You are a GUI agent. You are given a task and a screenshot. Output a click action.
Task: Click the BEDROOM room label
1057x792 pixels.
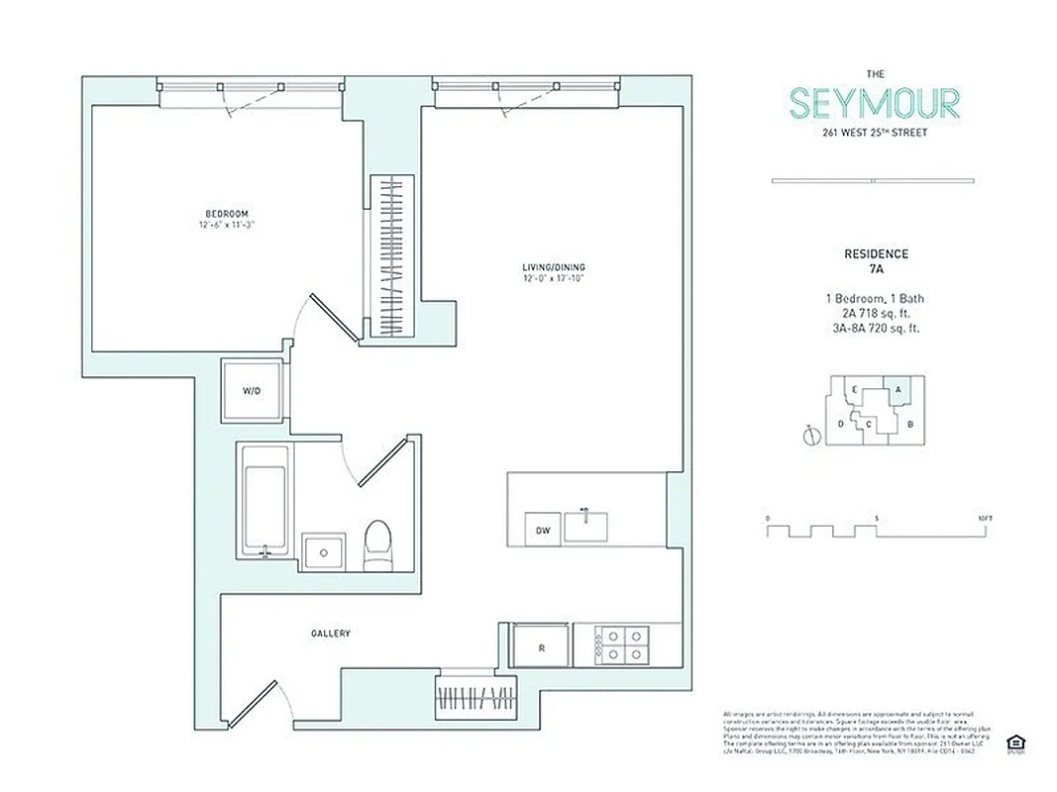227,214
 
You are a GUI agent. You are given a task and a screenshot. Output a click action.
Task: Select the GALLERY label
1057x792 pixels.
330,634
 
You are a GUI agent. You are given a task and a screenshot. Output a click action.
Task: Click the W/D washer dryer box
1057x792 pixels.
253,391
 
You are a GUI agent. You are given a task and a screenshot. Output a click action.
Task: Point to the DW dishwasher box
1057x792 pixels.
543,530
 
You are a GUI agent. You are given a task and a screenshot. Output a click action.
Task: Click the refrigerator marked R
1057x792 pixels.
541,647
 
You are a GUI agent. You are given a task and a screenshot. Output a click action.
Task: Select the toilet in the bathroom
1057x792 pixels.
377,546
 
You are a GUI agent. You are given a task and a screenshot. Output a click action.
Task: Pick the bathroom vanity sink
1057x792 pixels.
323,550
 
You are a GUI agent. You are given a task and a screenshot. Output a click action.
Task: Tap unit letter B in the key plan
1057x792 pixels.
910,425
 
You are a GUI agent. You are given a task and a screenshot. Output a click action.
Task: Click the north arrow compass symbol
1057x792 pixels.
810,433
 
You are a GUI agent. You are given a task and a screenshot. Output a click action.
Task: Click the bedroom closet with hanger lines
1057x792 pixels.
392,257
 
